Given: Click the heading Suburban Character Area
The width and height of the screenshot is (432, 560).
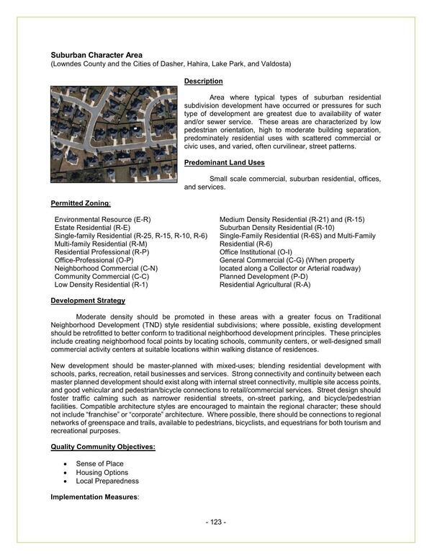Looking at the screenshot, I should click(96, 55).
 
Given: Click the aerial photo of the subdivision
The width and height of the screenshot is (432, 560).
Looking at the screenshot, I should click(114, 134).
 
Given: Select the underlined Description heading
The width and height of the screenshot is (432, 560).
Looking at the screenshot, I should click(203, 81).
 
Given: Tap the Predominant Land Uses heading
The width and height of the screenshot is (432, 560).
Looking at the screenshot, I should click(224, 163).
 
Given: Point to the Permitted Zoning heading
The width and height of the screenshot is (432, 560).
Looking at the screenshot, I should click(81, 203).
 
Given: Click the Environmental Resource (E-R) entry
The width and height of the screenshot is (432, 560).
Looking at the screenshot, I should click(102, 219).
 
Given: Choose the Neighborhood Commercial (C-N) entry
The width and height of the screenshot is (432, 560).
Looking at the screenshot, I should click(106, 269).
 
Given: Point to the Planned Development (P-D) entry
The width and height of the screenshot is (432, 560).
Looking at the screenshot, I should click(264, 277).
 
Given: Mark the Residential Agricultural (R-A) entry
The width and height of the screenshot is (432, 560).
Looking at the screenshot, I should click(265, 285).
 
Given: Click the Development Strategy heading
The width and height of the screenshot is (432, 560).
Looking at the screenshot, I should click(88, 301).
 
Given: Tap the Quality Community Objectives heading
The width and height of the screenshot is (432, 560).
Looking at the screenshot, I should click(103, 448).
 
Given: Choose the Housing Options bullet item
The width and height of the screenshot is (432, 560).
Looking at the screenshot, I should click(102, 472).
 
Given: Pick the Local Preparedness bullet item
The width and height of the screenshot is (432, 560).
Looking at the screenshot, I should click(107, 481).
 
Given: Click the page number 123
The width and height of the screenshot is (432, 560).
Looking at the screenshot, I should click(216, 522).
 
